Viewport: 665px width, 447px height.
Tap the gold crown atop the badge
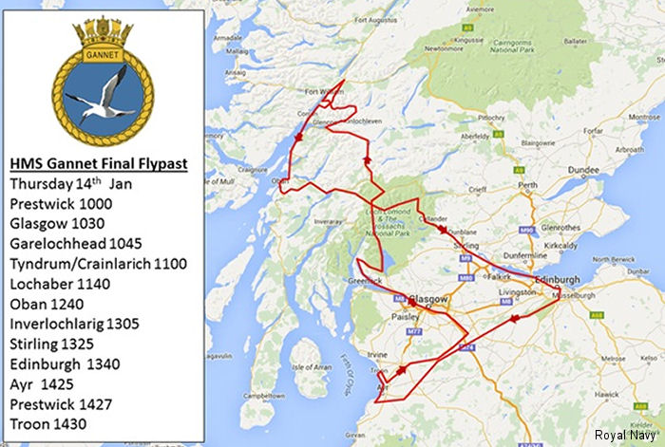[102, 30]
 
